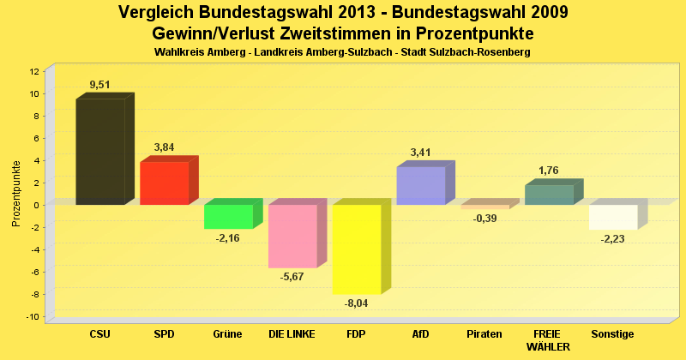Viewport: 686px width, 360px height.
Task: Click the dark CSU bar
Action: pyautogui.click(x=100, y=152)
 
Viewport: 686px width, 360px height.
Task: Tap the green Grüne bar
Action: pyautogui.click(x=228, y=216)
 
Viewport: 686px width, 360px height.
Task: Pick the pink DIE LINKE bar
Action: pyautogui.click(x=292, y=236)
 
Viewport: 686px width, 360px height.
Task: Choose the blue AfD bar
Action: pyautogui.click(x=420, y=185)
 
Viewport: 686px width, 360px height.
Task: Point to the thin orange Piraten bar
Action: pyautogui.click(x=484, y=207)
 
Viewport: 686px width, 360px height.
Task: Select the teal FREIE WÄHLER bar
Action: pyautogui.click(x=549, y=195)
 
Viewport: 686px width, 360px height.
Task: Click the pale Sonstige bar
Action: pyautogui.click(x=612, y=217)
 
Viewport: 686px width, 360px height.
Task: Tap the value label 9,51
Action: pyautogui.click(x=101, y=84)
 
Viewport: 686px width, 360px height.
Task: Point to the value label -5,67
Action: pyautogui.click(x=293, y=277)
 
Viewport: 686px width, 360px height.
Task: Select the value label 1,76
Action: pyautogui.click(x=549, y=171)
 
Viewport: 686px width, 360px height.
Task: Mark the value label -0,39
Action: pyautogui.click(x=484, y=219)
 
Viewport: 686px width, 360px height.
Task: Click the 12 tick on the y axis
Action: pyautogui.click(x=34, y=71)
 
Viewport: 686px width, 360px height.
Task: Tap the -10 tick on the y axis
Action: pyautogui.click(x=33, y=317)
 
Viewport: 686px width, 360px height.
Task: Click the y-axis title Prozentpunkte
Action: pyautogui.click(x=16, y=194)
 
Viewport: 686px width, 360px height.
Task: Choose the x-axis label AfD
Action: pyautogui.click(x=420, y=333)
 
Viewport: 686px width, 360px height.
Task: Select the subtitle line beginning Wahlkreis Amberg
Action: pyautogui.click(x=342, y=52)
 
